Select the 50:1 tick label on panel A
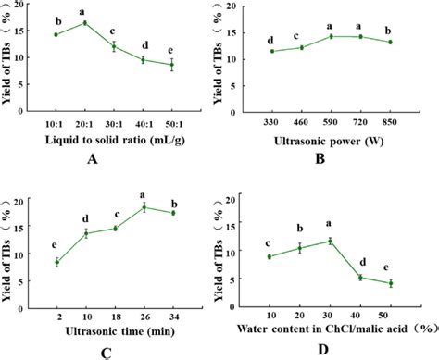point(172,122)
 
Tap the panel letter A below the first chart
point(116,157)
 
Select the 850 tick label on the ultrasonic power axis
point(390,121)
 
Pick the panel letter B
point(331,157)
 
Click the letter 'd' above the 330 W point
point(270,39)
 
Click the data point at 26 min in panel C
point(144,206)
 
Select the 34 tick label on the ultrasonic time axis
point(172,317)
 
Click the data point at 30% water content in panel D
point(331,241)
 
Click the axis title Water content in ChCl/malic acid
point(329,330)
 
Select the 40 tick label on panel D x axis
point(360,317)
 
